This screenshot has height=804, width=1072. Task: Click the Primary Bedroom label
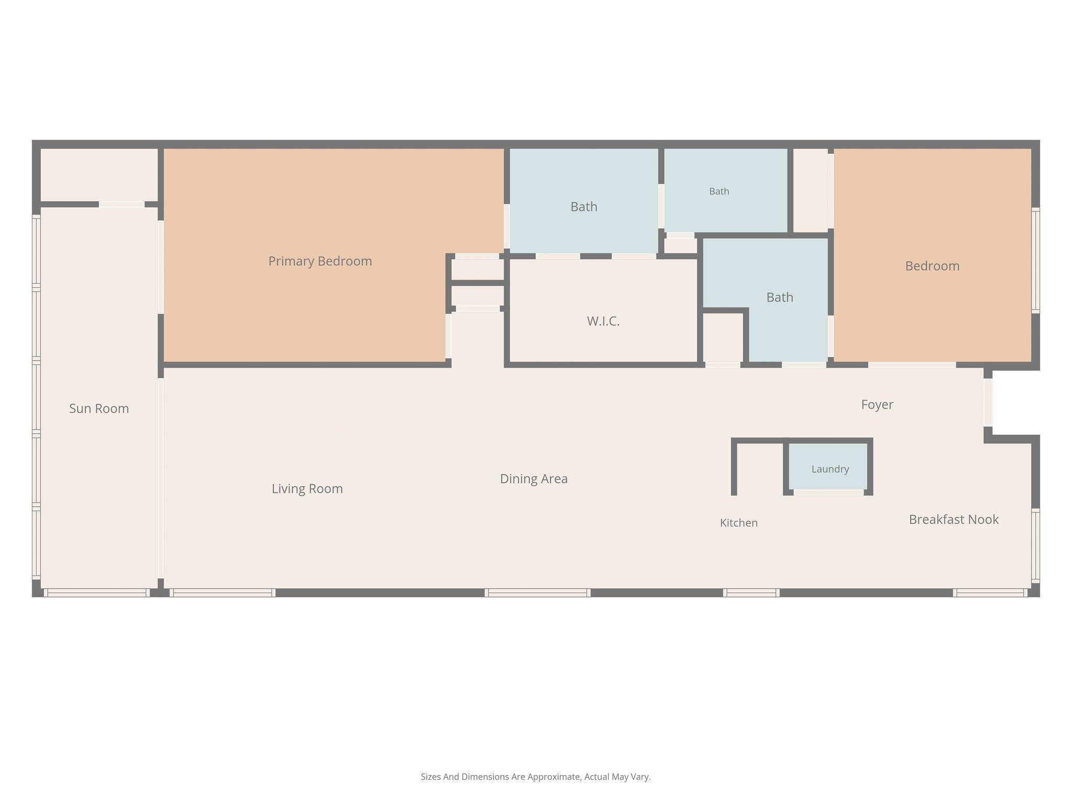point(320,261)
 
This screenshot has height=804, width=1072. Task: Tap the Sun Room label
point(99,409)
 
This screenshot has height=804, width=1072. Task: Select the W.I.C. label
point(603,321)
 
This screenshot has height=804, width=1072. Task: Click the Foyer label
point(877,405)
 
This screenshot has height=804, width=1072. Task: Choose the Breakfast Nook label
point(954,519)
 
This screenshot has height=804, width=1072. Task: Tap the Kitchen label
point(739,523)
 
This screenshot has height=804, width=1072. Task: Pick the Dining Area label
point(533,479)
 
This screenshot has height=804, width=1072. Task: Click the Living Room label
point(307,489)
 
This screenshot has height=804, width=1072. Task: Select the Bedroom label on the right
point(932,266)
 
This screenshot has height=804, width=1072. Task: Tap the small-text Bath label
point(719,192)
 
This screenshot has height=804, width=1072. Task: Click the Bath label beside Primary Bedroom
point(584,207)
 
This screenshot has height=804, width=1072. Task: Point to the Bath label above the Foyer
point(779,297)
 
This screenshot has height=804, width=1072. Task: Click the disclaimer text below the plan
point(535,777)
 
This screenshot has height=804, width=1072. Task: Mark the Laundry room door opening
point(829,493)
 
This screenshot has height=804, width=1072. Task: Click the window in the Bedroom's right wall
point(1035,261)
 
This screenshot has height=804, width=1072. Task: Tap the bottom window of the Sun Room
point(97,593)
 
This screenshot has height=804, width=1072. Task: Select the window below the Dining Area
point(538,593)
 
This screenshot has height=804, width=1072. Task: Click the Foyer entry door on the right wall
point(988,403)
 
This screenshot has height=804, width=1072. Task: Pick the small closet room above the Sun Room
point(99,175)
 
